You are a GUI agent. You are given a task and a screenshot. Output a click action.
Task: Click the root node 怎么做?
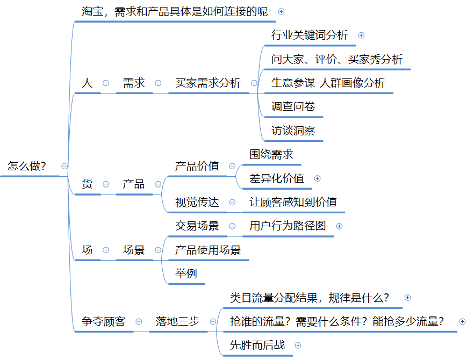coord(27,166)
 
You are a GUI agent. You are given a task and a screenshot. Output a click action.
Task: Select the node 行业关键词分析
coord(310,35)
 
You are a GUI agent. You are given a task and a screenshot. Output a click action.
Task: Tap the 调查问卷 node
coord(293,106)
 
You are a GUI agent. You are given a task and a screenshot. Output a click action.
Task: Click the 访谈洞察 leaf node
coord(293,131)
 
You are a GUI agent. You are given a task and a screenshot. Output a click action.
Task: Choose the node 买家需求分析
coord(208,83)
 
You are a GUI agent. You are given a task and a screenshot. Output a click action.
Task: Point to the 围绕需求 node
coord(271,154)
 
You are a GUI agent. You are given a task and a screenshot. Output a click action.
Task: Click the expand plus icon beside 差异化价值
coord(317,178)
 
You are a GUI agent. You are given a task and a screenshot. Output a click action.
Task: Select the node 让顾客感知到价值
coord(293,202)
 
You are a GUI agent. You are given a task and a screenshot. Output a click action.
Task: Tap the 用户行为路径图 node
coord(288,226)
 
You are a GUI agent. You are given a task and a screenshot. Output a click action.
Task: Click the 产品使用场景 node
coord(208,250)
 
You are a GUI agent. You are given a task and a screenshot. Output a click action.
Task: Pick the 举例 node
coord(186,273)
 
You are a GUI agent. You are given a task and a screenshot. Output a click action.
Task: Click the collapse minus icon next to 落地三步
coord(213,321)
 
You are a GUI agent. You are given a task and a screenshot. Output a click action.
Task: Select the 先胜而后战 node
coord(257,345)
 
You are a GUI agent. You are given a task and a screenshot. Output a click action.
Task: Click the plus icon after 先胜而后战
coord(298,345)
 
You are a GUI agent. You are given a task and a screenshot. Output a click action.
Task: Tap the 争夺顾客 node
coord(104,321)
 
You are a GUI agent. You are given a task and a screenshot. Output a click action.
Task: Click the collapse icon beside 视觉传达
coord(232,203)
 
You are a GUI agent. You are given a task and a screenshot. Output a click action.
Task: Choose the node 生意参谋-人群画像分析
coord(328,83)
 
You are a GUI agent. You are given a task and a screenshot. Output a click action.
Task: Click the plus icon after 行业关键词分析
coord(361,35)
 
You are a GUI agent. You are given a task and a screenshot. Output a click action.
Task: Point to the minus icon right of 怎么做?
coord(64,166)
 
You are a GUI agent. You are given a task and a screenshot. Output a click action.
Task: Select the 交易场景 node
coord(197,226)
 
